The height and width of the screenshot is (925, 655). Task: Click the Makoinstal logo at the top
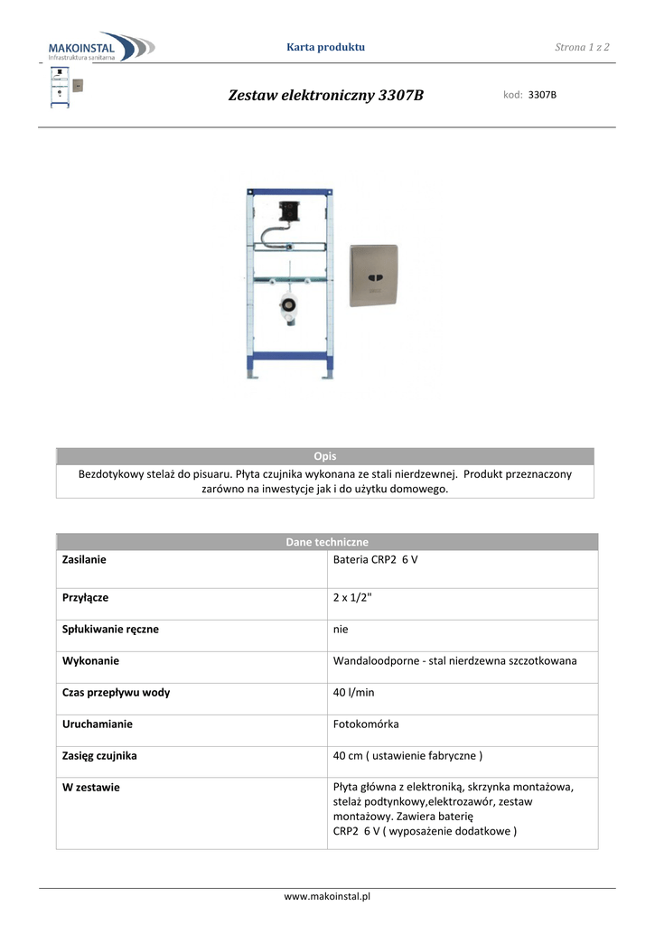[99, 46]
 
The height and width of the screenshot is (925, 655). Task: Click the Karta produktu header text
[325, 47]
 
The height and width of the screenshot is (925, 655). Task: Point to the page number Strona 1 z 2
[582, 47]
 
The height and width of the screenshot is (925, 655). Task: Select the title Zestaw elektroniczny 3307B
[326, 95]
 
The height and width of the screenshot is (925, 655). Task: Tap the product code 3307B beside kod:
[542, 95]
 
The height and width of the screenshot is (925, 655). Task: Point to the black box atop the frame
[290, 210]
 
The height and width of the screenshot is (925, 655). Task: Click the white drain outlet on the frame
[289, 307]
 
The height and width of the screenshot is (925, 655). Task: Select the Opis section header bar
[325, 456]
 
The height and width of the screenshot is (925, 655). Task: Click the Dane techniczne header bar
[327, 542]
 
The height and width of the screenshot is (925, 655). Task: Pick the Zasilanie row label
[84, 560]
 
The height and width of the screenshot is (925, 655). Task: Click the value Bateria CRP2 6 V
[375, 560]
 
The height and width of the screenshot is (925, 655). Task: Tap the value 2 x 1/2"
[352, 597]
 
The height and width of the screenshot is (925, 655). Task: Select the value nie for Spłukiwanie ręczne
[341, 629]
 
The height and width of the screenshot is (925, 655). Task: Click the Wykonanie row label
[90, 660]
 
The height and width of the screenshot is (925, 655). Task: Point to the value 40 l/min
[353, 693]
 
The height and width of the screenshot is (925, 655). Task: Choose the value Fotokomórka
[366, 724]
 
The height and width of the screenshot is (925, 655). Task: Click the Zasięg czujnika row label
[99, 755]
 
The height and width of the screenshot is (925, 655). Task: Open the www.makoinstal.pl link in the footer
[327, 896]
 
